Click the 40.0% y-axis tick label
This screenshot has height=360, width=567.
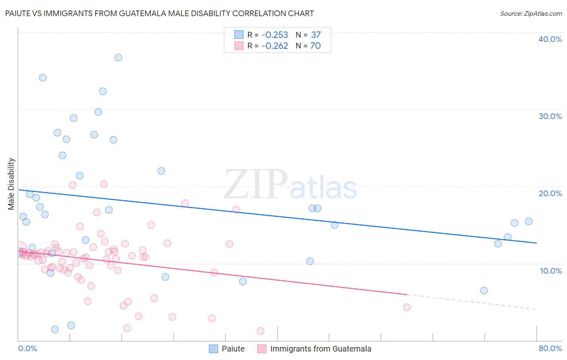(550, 39)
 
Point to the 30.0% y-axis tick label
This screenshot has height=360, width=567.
(550, 116)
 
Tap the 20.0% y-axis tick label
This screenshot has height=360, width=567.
(550, 193)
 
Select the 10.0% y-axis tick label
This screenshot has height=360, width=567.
(551, 271)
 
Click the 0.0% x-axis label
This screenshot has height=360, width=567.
(27, 348)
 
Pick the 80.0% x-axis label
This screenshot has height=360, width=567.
(550, 348)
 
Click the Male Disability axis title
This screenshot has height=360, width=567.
(11, 184)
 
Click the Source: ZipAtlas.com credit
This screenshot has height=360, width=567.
(531, 14)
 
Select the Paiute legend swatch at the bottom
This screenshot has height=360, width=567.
(213, 349)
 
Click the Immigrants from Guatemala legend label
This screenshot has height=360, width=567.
(321, 349)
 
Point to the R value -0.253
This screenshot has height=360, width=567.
(275, 35)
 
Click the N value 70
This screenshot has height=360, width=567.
(315, 46)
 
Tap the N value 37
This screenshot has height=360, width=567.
(316, 35)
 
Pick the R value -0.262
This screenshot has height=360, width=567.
(275, 46)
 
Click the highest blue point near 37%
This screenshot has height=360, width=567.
(118, 58)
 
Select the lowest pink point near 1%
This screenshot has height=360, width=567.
(261, 331)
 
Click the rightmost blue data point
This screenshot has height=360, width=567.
(529, 222)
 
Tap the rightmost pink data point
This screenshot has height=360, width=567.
(406, 307)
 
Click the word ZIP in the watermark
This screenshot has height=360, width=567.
(255, 184)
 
